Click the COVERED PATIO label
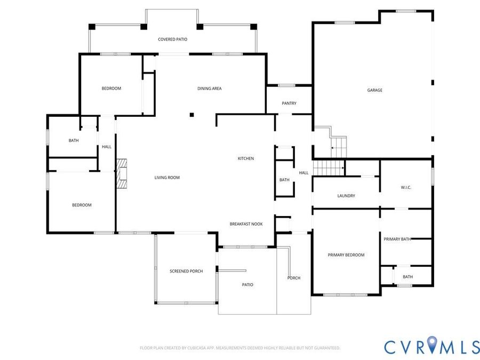[172, 39]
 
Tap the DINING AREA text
[210, 89]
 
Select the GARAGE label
[375, 90]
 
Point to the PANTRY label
[289, 103]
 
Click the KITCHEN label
[246, 158]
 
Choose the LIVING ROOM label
[167, 178]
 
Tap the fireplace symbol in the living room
[122, 173]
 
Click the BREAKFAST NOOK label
[246, 224]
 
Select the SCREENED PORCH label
[186, 271]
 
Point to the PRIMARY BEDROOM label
[346, 255]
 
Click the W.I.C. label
[406, 187]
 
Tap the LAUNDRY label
[346, 196]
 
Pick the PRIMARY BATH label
[397, 239]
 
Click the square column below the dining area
[191, 115]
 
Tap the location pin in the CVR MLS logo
[431, 345]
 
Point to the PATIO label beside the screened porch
[247, 285]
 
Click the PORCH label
[294, 278]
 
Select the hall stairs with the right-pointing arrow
[329, 168]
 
